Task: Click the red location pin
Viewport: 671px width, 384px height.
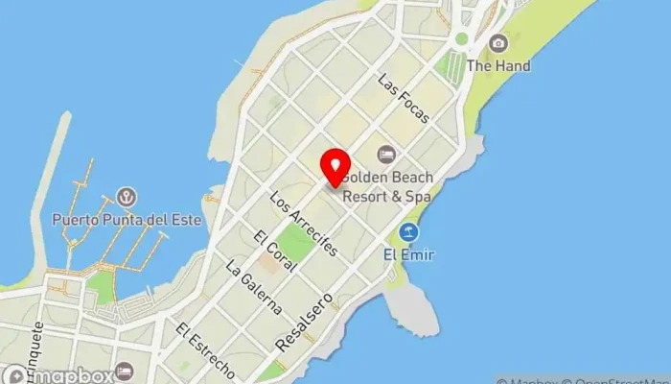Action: (335, 169)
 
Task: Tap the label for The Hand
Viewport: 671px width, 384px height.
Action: (498, 66)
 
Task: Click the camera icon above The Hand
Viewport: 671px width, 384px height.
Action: (497, 43)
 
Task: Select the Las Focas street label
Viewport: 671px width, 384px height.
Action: (403, 98)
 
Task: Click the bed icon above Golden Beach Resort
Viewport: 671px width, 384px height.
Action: (386, 154)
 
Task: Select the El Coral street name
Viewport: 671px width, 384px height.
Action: (273, 250)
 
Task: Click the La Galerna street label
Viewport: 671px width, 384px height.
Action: (253, 287)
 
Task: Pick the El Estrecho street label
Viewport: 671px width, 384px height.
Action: (205, 349)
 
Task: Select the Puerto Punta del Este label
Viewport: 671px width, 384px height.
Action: (127, 219)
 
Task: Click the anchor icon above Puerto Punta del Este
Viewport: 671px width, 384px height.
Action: (126, 197)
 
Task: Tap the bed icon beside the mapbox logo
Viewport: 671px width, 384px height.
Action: (124, 371)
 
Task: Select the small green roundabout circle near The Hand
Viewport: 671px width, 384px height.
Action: (461, 39)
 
